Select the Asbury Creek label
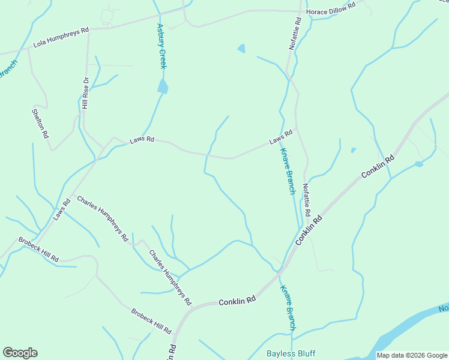click(161, 46)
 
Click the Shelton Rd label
click(40, 123)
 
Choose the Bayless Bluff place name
click(291, 353)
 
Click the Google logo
click(20, 353)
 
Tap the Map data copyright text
click(412, 355)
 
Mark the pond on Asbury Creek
click(163, 86)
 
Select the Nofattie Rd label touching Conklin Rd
click(306, 200)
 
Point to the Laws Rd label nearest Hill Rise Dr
click(142, 140)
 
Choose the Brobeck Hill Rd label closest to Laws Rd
click(38, 249)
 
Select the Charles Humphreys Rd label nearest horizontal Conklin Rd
click(170, 277)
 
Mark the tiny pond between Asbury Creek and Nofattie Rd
click(241, 49)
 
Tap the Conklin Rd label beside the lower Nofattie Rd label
click(309, 229)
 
